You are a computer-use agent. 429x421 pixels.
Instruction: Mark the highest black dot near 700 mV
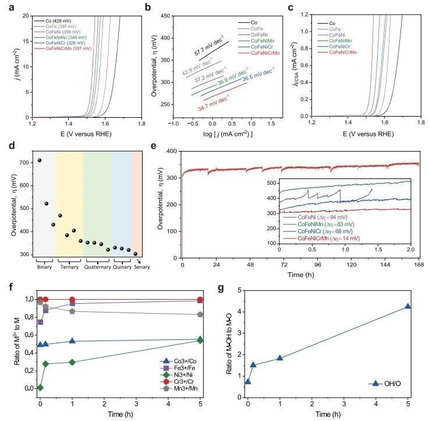pos(40,160)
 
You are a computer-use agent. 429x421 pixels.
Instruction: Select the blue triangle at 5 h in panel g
pos(408,306)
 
